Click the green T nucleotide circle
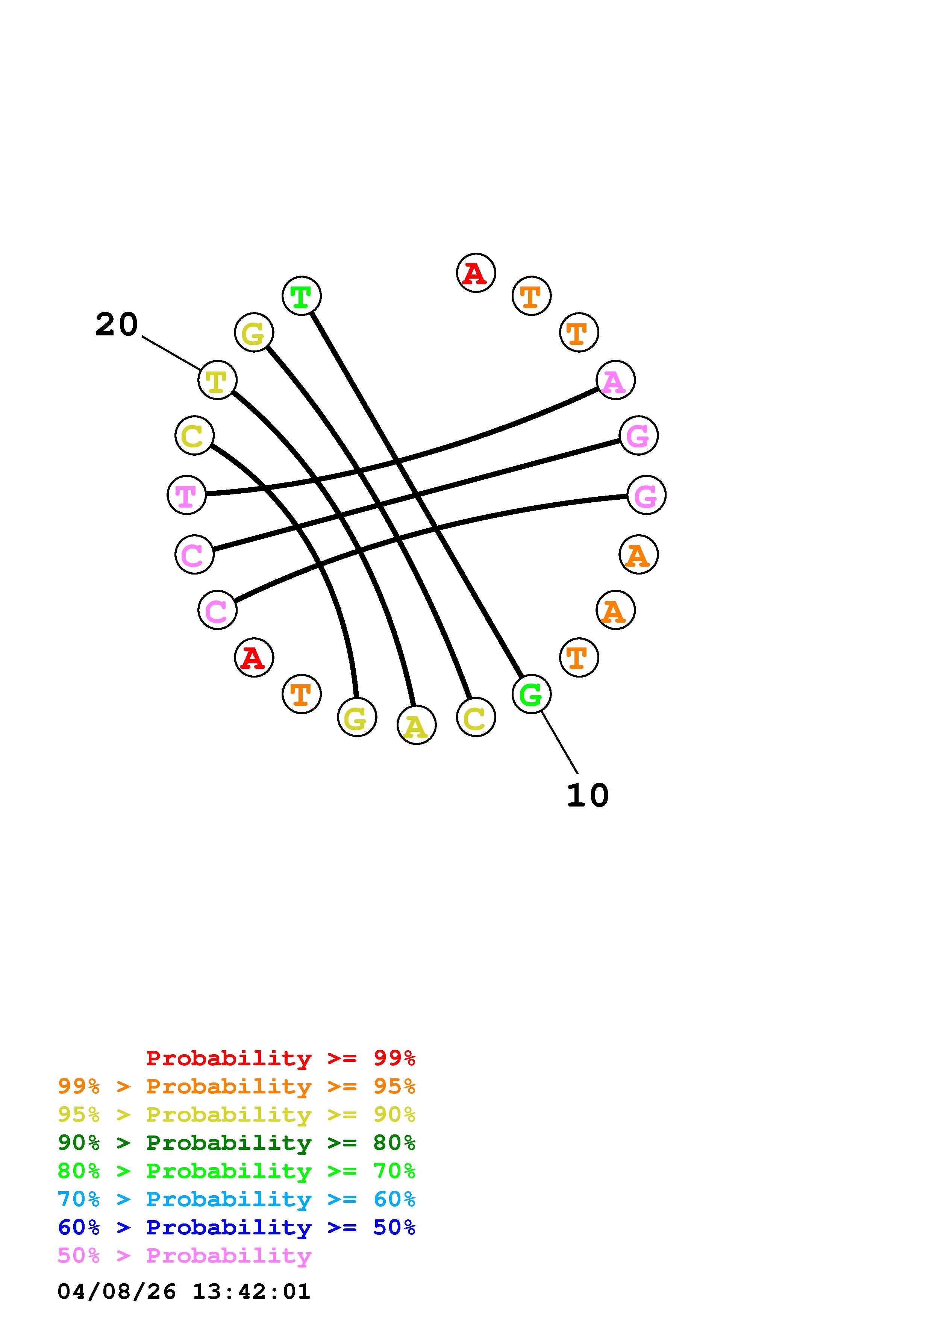(x=302, y=296)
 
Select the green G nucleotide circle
(x=531, y=694)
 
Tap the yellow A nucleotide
(x=416, y=725)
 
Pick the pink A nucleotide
(x=615, y=380)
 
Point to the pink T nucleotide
(x=186, y=495)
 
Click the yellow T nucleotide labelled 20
(x=217, y=380)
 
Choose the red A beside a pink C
(x=254, y=657)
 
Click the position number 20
(x=117, y=324)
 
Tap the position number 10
(x=588, y=796)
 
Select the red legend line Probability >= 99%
(x=281, y=1058)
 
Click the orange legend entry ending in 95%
(x=236, y=1086)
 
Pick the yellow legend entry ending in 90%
(x=236, y=1114)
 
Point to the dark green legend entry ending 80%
(x=236, y=1143)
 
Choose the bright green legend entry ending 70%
(x=236, y=1171)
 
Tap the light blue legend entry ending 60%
(x=236, y=1199)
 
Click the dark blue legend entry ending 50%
(x=236, y=1227)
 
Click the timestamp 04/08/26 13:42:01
(x=184, y=1292)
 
